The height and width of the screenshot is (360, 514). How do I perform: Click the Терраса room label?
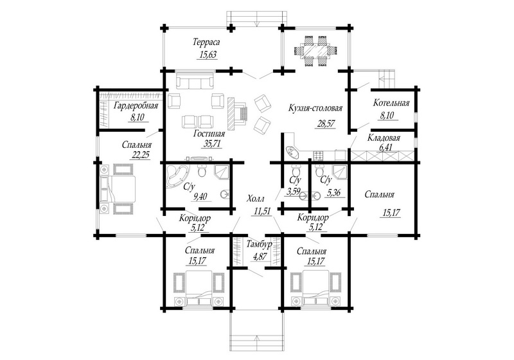(206, 42)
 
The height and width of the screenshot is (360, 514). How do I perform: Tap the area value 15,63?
(208, 55)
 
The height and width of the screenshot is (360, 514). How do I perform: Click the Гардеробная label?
(136, 106)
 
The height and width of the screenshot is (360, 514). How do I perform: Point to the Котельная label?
(391, 103)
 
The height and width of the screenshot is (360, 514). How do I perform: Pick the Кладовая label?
(383, 138)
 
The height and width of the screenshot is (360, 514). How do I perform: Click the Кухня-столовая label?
(315, 108)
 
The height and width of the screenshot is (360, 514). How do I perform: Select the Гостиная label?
(209, 134)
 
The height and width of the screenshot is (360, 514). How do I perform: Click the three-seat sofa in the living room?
(195, 80)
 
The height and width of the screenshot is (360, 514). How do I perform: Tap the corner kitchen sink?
(292, 152)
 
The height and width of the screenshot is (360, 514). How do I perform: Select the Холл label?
(256, 199)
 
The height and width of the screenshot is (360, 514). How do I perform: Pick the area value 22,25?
(141, 156)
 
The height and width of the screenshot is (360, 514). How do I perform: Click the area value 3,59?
(295, 191)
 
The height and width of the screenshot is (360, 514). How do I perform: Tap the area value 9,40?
(200, 197)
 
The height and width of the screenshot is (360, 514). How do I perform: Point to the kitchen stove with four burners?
(318, 156)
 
